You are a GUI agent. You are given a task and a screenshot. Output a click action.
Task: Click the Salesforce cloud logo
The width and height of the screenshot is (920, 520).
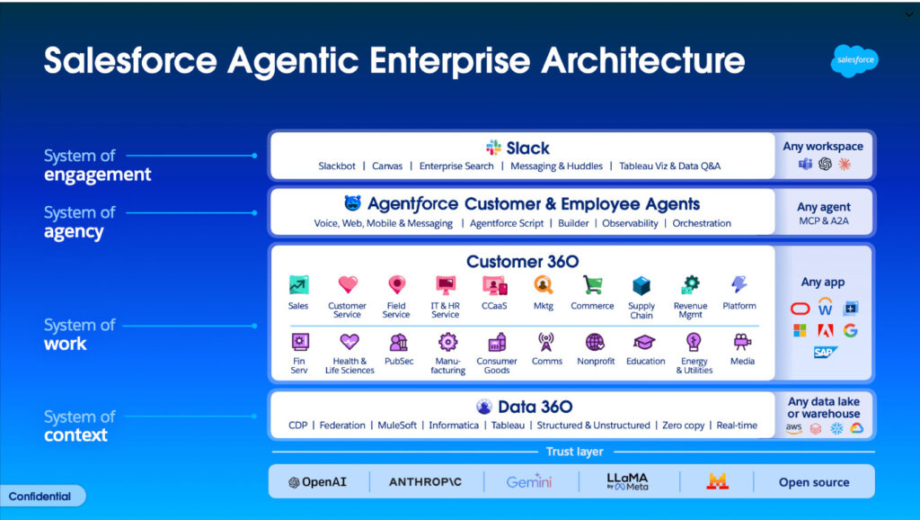point(854,60)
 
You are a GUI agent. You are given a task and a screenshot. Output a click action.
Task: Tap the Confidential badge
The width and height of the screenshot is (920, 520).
point(40,497)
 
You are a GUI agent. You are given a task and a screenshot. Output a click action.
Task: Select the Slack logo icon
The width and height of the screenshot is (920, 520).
point(493,148)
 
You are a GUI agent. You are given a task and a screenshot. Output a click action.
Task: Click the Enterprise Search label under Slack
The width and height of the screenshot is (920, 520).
point(456,166)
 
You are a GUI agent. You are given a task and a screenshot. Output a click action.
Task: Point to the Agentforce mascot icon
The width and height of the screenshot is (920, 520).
point(352,203)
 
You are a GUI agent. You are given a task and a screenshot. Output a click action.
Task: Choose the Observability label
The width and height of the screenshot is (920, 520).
point(630,223)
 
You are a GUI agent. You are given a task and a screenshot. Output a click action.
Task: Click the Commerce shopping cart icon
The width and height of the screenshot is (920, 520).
point(592,285)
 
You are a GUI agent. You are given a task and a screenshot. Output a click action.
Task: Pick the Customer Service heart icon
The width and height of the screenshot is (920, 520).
point(348,284)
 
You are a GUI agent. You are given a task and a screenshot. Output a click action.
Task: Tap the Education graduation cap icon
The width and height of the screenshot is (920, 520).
point(643,342)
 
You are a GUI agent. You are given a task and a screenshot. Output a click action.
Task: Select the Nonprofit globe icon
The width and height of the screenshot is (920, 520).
point(595,342)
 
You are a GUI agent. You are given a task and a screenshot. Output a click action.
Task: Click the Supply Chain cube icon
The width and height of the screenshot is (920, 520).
point(641,286)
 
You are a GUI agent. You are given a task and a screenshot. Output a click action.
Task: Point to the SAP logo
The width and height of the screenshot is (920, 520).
point(825,353)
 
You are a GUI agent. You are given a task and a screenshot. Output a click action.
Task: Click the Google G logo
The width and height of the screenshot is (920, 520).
point(850,331)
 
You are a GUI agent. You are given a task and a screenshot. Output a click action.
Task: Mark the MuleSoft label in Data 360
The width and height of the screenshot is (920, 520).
point(397,426)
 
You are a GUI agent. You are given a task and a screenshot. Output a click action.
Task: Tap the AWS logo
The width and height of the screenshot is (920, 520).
point(794,428)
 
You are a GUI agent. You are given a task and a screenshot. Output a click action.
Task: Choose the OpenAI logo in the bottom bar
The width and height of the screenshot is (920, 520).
point(317,482)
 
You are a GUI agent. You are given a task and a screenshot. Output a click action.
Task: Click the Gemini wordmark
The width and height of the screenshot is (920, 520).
point(528,482)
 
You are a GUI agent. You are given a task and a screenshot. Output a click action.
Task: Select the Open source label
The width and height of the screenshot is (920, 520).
point(814,482)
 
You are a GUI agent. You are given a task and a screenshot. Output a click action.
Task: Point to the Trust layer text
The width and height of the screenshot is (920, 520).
point(574,452)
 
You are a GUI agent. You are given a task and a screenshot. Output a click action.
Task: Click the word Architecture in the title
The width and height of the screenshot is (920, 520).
point(643,60)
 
